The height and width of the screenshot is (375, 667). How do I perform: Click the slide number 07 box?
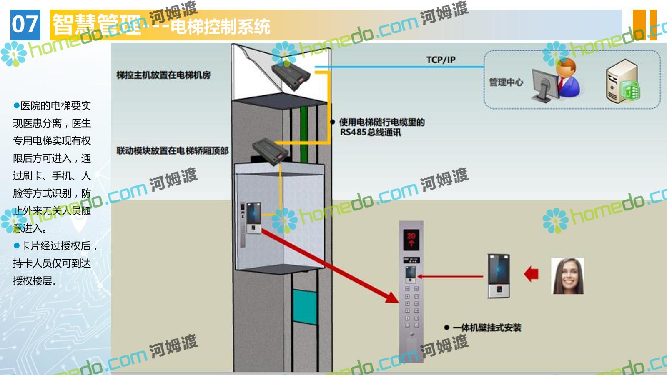25,25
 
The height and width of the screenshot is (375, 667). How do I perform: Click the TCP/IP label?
440,60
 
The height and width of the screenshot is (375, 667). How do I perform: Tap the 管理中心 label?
505,82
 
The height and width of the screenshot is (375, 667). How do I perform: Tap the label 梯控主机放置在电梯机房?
163,75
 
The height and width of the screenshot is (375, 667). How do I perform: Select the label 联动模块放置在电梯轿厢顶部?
172,151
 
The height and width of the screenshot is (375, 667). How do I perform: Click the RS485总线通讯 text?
370,132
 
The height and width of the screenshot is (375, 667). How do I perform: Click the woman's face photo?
567,276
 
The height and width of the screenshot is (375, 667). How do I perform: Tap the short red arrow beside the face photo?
531,275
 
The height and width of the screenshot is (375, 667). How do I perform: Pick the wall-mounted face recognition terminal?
499,275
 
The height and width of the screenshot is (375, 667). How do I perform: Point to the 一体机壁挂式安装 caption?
487,328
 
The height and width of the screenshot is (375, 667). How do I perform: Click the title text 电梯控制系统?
221,27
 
